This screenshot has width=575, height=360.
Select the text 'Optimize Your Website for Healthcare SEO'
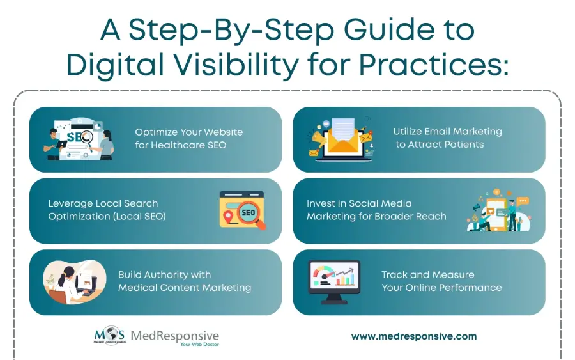(188, 138)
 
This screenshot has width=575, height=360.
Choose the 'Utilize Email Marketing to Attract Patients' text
(447, 138)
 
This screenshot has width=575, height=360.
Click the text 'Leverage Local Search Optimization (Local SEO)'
(107, 210)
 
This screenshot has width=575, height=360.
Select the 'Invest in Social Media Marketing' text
(376, 210)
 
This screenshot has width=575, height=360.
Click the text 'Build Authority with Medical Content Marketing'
(184, 281)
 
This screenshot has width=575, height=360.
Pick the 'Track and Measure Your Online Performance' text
(441, 281)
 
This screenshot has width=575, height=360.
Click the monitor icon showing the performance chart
(333, 281)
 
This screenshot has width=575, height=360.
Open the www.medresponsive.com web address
(414, 336)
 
